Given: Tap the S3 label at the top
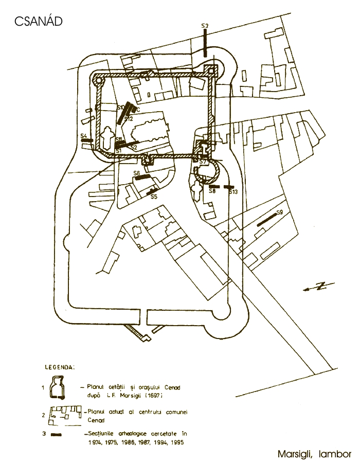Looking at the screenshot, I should point(204,26).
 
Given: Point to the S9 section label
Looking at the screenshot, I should point(280,212).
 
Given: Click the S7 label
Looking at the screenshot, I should point(203,162).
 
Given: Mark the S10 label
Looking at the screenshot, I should point(120,108).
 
